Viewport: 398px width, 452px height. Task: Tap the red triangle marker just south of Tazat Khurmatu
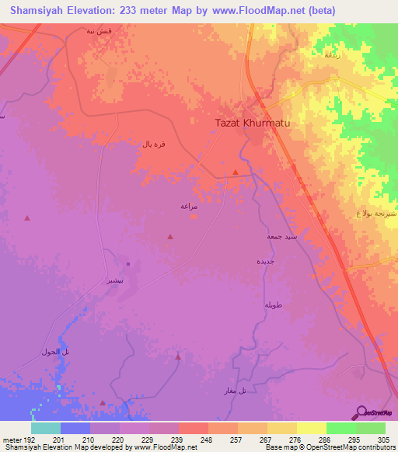point(236,172)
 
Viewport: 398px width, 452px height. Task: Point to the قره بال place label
point(151,144)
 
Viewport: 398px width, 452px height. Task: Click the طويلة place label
point(271,304)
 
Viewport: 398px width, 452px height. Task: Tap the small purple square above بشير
point(127,266)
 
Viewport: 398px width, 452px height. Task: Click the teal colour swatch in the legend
point(45,428)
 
